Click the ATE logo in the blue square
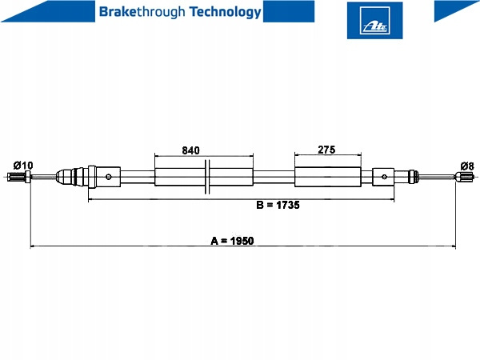(x=374, y=21)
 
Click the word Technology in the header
(x=226, y=12)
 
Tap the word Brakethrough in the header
(x=142, y=12)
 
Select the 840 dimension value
(x=190, y=150)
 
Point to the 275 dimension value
(x=326, y=150)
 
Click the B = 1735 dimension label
(x=278, y=205)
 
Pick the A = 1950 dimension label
(x=232, y=241)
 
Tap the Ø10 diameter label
(x=23, y=166)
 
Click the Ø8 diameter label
(x=467, y=166)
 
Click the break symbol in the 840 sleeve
(x=207, y=177)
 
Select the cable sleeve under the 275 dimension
(x=328, y=177)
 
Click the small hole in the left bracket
(x=108, y=177)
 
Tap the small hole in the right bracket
(x=385, y=177)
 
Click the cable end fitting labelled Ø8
(x=465, y=177)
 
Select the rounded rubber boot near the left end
(x=65, y=177)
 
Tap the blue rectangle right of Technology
(x=289, y=11)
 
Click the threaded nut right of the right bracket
(x=414, y=177)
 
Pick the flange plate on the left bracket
(x=92, y=177)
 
